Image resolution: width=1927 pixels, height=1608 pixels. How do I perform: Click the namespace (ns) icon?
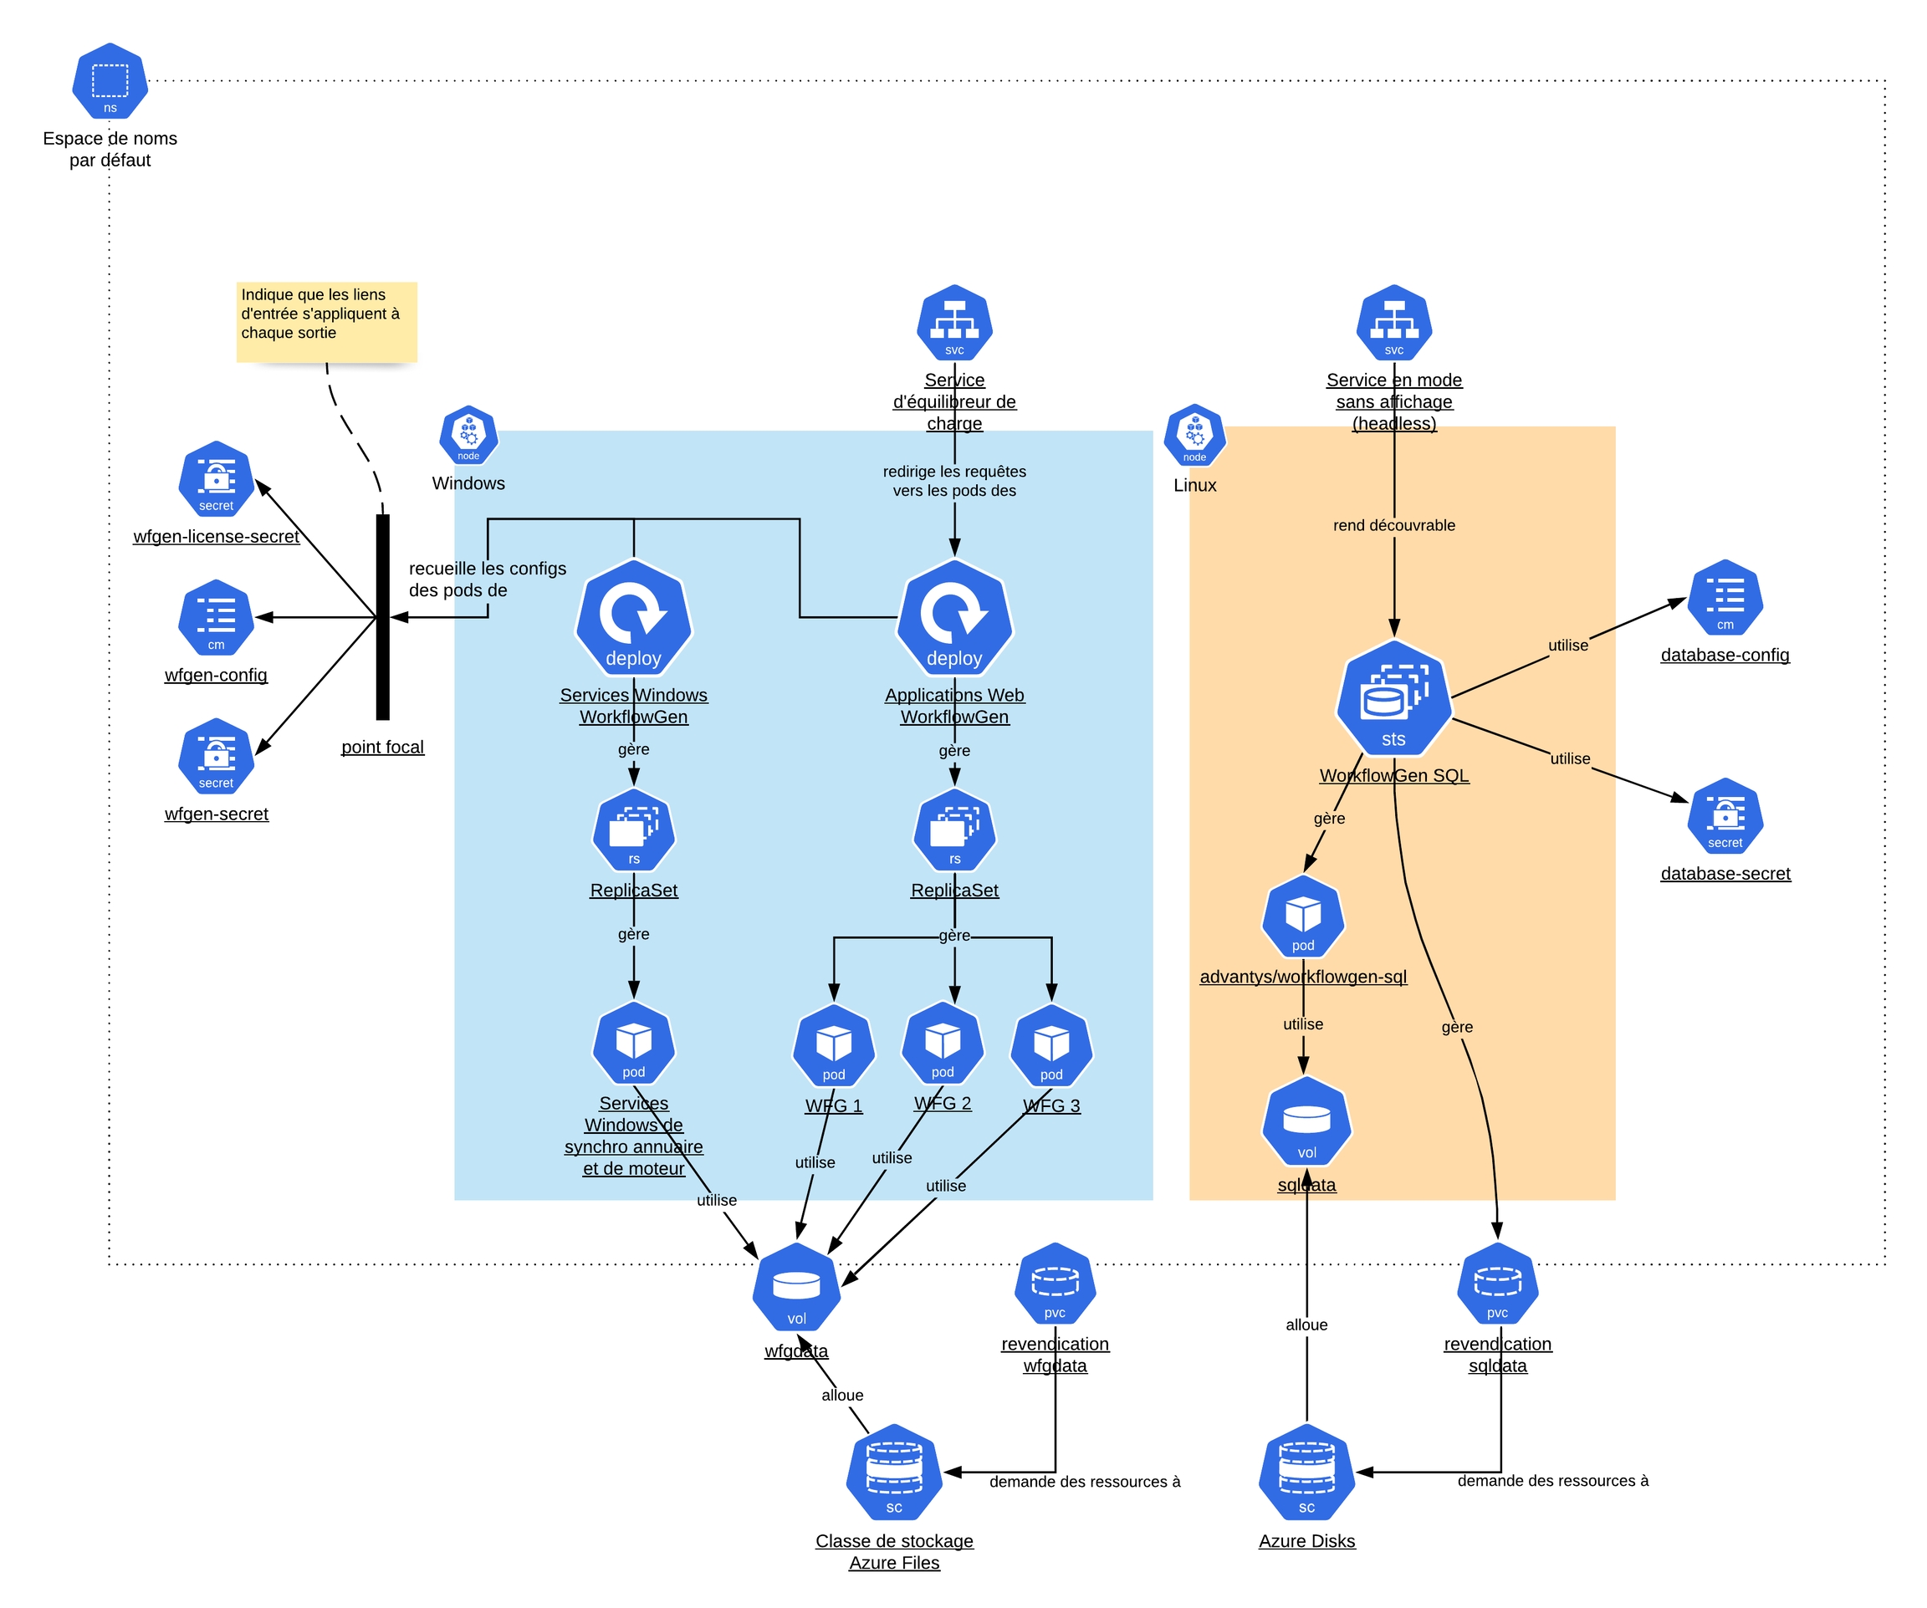point(110,82)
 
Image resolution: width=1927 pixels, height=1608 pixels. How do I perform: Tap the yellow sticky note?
point(327,321)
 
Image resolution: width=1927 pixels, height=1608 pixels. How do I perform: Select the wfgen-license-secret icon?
point(216,479)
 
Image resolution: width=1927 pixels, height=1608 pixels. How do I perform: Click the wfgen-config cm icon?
point(216,617)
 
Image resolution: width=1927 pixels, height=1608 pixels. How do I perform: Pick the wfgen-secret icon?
point(216,756)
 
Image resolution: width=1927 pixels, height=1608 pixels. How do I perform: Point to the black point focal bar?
point(383,616)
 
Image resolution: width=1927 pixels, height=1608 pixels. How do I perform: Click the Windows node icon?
point(468,435)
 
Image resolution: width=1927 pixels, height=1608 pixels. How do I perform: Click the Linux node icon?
point(1194,435)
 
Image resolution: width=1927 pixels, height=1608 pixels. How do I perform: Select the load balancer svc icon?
point(954,323)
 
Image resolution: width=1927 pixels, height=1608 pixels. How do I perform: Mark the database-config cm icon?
point(1725,598)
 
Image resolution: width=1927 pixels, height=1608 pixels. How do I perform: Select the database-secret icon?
point(1725,815)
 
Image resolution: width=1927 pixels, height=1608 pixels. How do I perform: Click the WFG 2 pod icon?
point(943,1044)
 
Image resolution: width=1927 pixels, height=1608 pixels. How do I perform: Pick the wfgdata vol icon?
point(796,1287)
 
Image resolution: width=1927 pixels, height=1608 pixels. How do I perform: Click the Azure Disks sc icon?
point(1306,1473)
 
